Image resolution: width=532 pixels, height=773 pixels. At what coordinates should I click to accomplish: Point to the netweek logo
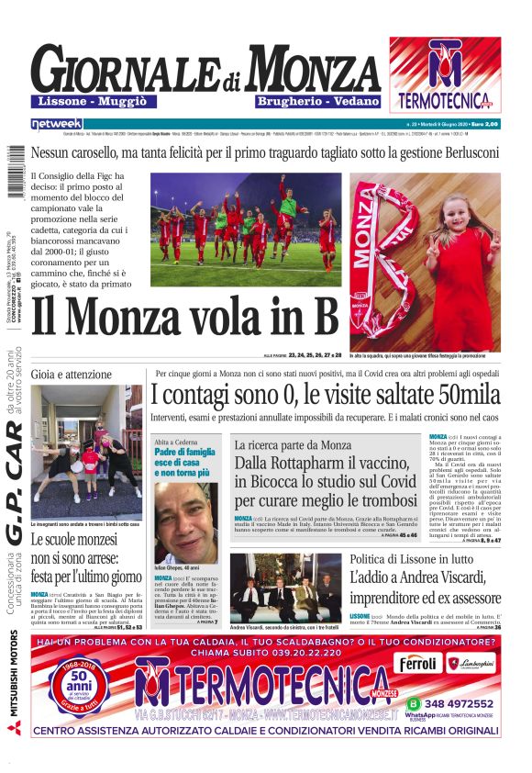[56, 124]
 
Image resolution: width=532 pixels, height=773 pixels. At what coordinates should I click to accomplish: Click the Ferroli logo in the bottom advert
[417, 664]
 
